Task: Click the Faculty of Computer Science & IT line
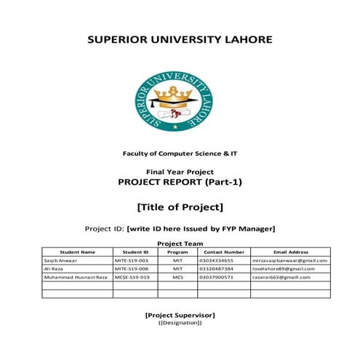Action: pyautogui.click(x=180, y=153)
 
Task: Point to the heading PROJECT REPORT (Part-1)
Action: pyautogui.click(x=180, y=182)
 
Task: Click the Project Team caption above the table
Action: pyautogui.click(x=180, y=244)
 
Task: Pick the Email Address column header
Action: pyautogui.click(x=289, y=252)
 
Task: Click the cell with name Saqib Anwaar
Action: pyautogui.click(x=61, y=260)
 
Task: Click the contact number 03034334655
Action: pyautogui.click(x=215, y=260)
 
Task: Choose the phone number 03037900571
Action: pyautogui.click(x=215, y=277)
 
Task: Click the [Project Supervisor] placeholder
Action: pyautogui.click(x=180, y=314)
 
